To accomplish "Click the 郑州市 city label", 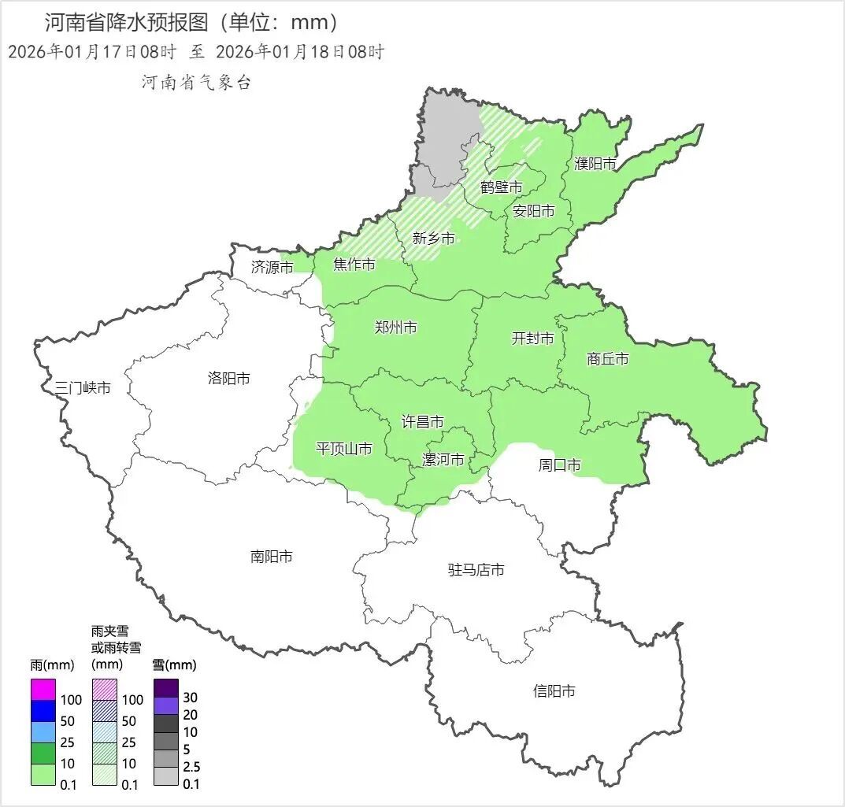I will click(x=396, y=328).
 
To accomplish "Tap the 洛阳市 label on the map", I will click(x=229, y=379).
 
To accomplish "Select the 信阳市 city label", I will click(x=554, y=691).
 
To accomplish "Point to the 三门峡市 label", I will click(x=83, y=388).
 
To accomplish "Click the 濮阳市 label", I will click(x=595, y=164).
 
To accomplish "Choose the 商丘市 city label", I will click(x=608, y=359).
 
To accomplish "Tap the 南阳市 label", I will click(x=272, y=557).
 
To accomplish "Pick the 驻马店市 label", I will click(x=476, y=570).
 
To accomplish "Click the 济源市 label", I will click(x=272, y=268).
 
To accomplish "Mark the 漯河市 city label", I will click(x=443, y=460).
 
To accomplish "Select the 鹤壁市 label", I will click(x=502, y=187).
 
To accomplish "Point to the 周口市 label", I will click(x=560, y=465).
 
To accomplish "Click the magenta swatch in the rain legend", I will click(x=43, y=690).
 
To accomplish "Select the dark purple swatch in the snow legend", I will click(x=166, y=688).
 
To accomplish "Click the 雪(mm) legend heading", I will click(x=174, y=665).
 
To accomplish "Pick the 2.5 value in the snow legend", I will click(x=191, y=767).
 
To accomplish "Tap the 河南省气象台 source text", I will click(x=196, y=83).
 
